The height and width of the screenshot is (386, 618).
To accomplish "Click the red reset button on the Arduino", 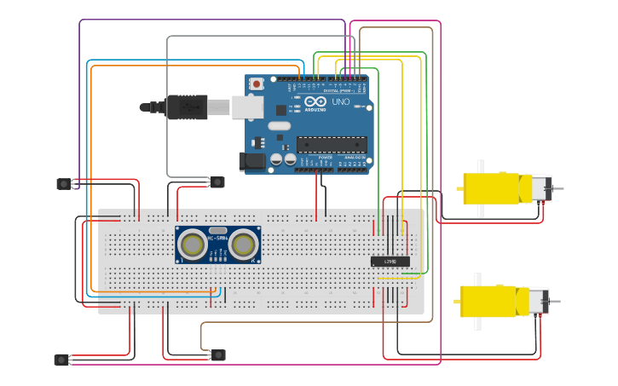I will click(x=257, y=83).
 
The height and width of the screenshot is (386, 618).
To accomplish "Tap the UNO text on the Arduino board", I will click(x=340, y=102).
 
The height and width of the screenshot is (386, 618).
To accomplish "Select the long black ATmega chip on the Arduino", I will click(x=332, y=145).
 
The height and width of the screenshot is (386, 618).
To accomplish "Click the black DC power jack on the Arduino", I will click(x=253, y=160).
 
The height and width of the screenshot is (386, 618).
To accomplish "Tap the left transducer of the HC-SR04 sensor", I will click(x=193, y=245).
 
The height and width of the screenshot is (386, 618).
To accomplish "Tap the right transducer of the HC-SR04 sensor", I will click(x=243, y=245).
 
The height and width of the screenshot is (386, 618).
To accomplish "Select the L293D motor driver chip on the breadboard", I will click(x=390, y=262).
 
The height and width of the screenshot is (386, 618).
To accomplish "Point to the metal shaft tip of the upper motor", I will click(x=559, y=188).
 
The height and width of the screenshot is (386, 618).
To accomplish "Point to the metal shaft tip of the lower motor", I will click(x=557, y=302).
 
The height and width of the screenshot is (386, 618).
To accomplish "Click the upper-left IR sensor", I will click(x=65, y=184).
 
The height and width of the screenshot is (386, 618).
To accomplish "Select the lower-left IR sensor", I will click(x=62, y=360).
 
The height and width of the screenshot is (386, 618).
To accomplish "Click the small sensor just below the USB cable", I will click(x=217, y=181).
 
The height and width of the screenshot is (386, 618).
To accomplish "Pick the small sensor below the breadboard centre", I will click(x=218, y=354).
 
